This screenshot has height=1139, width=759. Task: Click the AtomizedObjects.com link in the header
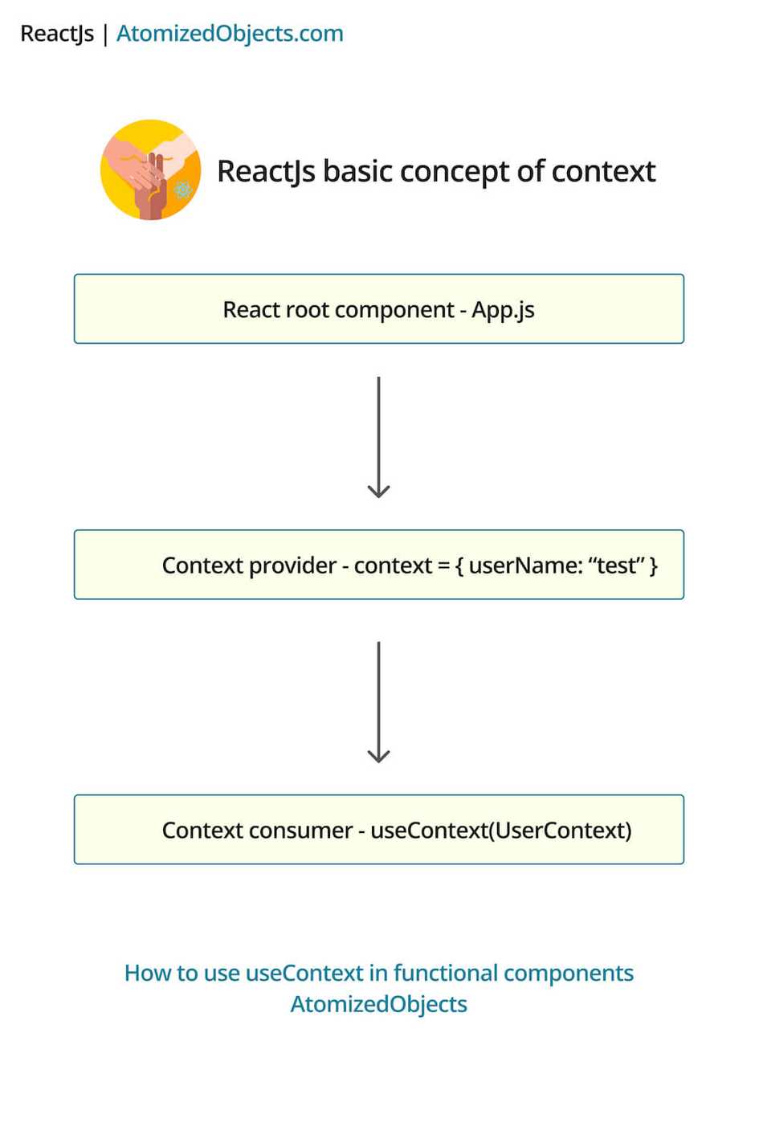[x=230, y=34]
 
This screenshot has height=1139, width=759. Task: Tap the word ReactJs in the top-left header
[x=57, y=34]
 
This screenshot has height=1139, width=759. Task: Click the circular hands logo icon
[x=151, y=169]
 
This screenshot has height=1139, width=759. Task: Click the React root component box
[x=378, y=309]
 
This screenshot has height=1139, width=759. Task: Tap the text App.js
[x=503, y=310]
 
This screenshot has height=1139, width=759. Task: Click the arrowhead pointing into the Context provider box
[x=378, y=491]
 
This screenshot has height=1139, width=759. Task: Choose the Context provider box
[x=378, y=565]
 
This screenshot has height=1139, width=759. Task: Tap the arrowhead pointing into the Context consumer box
[x=378, y=756]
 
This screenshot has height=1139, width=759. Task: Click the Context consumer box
[x=378, y=830]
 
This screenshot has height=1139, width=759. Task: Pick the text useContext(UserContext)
[x=501, y=831]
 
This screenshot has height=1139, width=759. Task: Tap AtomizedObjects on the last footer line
[x=378, y=1004]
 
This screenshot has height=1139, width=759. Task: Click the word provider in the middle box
[x=292, y=565]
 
